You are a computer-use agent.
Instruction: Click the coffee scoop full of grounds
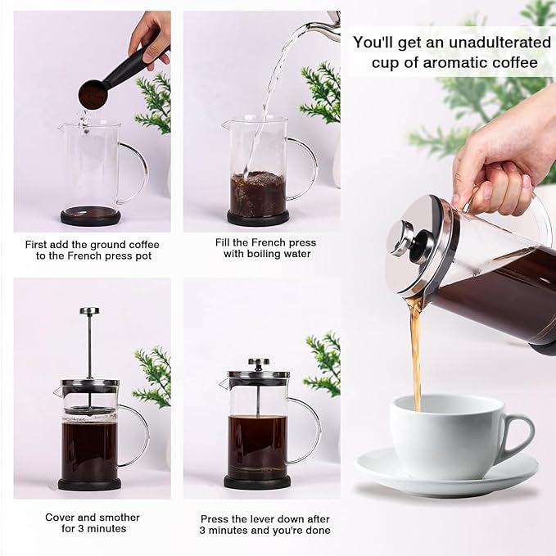pos(93,95)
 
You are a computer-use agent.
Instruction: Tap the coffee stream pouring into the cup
pos(416,352)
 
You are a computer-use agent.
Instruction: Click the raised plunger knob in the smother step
pos(89,311)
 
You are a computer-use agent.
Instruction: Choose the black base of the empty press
pos(90,216)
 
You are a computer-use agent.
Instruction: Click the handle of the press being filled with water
pos(305,168)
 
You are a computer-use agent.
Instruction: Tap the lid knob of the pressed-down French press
pos(259,361)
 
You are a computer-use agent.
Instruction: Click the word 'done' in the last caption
pos(318,530)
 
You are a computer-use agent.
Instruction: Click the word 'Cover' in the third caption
pos(61,518)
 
